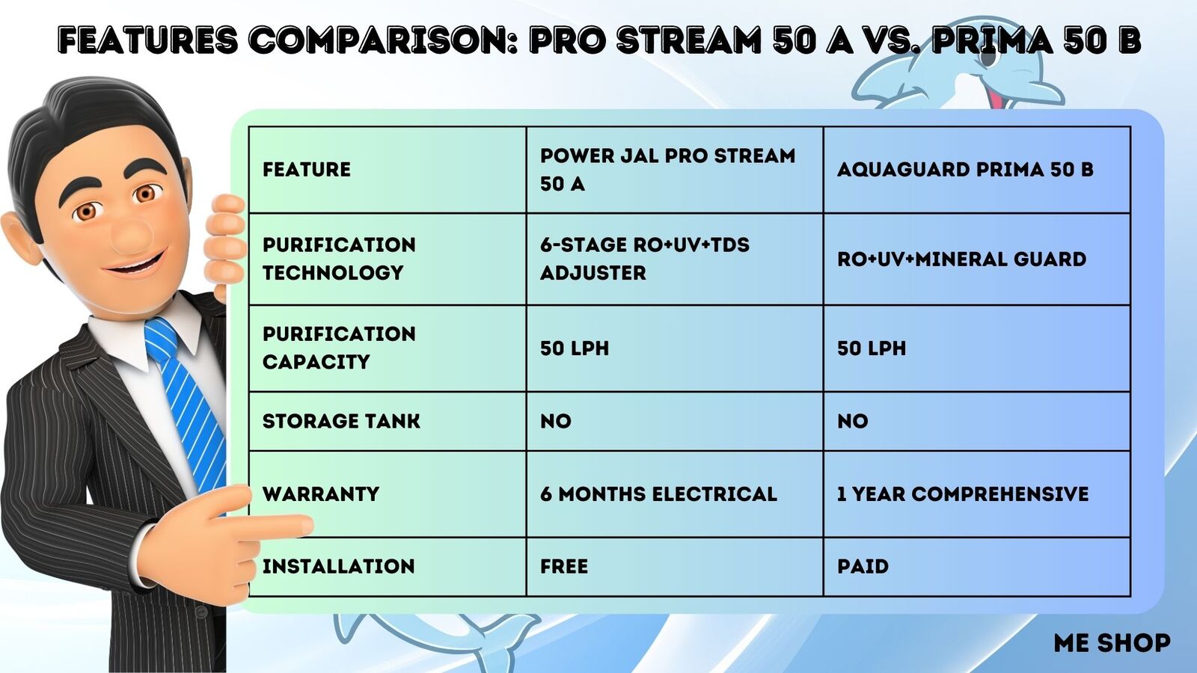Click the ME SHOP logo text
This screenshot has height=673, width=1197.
(1112, 643)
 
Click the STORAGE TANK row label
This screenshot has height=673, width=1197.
(341, 422)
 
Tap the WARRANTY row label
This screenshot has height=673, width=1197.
(321, 494)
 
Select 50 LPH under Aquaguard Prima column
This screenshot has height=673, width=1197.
(872, 348)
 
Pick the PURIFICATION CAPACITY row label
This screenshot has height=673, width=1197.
(339, 348)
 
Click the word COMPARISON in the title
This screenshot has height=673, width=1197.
(385, 40)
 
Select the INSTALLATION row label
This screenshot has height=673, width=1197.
(338, 566)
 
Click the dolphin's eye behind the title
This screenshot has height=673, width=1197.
(988, 57)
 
